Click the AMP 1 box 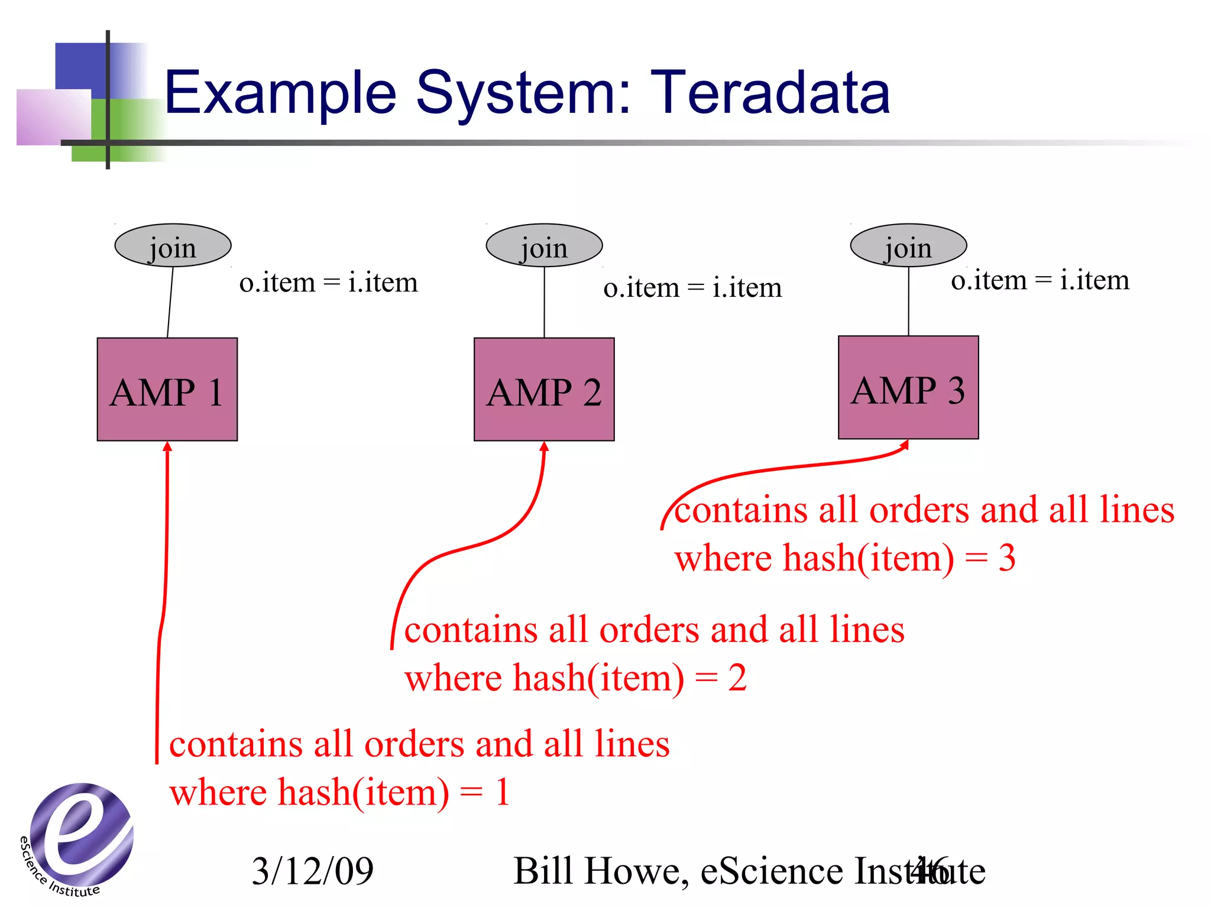167,390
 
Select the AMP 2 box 544,390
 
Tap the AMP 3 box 908,388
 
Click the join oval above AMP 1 173,246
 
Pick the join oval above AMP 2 544,246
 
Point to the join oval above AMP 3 908,246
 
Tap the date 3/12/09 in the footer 313,871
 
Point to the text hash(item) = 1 394,792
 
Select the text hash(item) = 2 630,677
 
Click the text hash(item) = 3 899,558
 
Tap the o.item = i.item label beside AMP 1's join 328,283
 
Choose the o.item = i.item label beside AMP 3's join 1040,280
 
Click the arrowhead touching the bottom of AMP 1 167,447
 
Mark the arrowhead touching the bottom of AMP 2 545,447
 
